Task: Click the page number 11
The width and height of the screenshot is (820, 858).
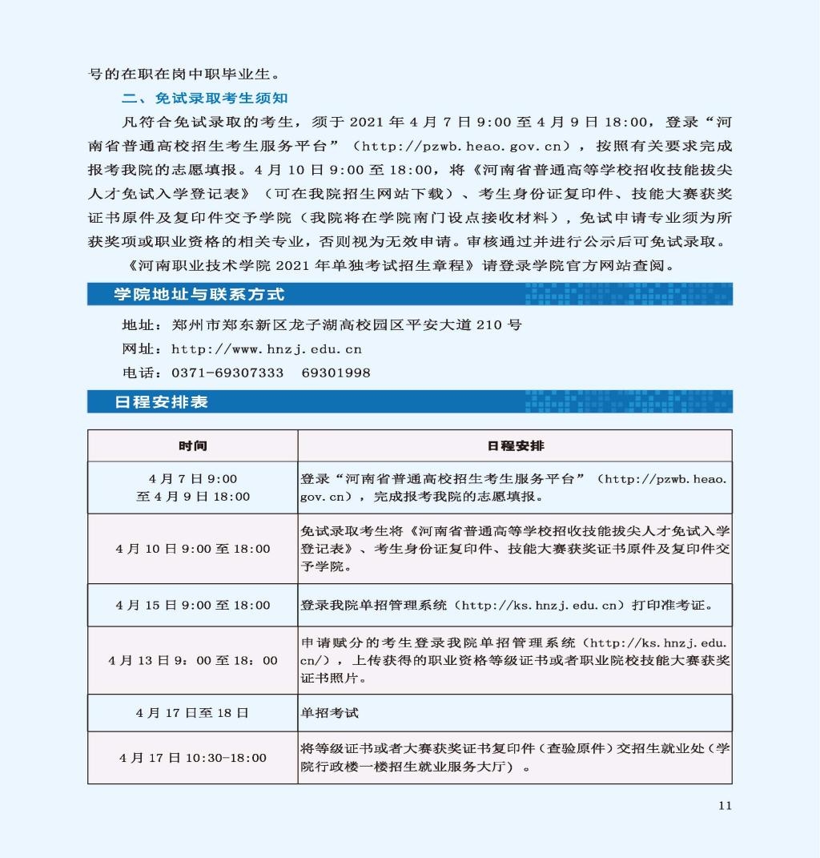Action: [725, 805]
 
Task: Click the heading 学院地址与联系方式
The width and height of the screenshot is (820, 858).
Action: [199, 294]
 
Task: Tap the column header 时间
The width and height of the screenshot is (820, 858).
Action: [193, 445]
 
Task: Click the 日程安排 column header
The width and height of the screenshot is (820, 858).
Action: [515, 445]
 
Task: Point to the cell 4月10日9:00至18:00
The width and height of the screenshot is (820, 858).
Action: [193, 549]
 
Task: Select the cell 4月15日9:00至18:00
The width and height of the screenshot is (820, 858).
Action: [193, 605]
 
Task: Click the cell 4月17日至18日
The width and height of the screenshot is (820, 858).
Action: [193, 712]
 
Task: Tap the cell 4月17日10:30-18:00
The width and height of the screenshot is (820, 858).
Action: [193, 757]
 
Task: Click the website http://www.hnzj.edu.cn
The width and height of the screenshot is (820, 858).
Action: [267, 349]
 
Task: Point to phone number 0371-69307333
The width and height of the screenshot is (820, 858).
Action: [227, 373]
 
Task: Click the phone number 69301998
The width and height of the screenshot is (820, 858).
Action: [336, 373]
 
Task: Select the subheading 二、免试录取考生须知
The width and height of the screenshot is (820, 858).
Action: [204, 99]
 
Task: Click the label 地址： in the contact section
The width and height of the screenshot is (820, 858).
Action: [142, 325]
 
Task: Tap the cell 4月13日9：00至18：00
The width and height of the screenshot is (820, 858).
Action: [193, 660]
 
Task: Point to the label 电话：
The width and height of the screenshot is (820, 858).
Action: [142, 373]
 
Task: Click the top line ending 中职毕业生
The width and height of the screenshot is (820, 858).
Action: [184, 75]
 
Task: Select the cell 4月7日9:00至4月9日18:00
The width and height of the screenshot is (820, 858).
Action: [193, 487]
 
